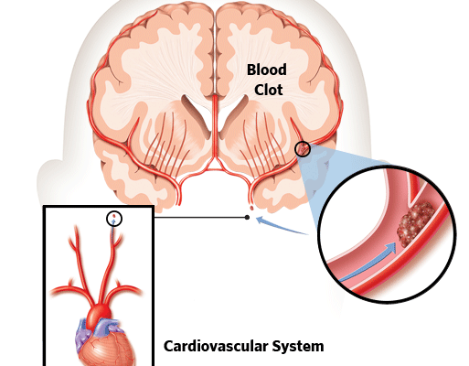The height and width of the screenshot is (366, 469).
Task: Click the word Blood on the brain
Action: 267,70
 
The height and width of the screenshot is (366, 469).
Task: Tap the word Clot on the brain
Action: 269,90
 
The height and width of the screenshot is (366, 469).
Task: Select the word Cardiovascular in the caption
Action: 215,346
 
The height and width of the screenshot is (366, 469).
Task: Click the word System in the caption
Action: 298,347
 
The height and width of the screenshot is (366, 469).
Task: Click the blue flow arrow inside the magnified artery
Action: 368,262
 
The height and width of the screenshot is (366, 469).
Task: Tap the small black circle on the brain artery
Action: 303,149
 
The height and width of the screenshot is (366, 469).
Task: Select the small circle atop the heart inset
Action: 114,219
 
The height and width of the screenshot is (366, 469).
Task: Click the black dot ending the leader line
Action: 247,217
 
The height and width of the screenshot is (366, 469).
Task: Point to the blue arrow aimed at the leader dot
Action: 281,226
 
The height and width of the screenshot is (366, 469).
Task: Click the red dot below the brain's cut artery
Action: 251,208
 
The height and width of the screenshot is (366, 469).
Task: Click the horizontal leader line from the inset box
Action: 199,217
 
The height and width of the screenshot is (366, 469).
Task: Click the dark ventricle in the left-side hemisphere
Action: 197,117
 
